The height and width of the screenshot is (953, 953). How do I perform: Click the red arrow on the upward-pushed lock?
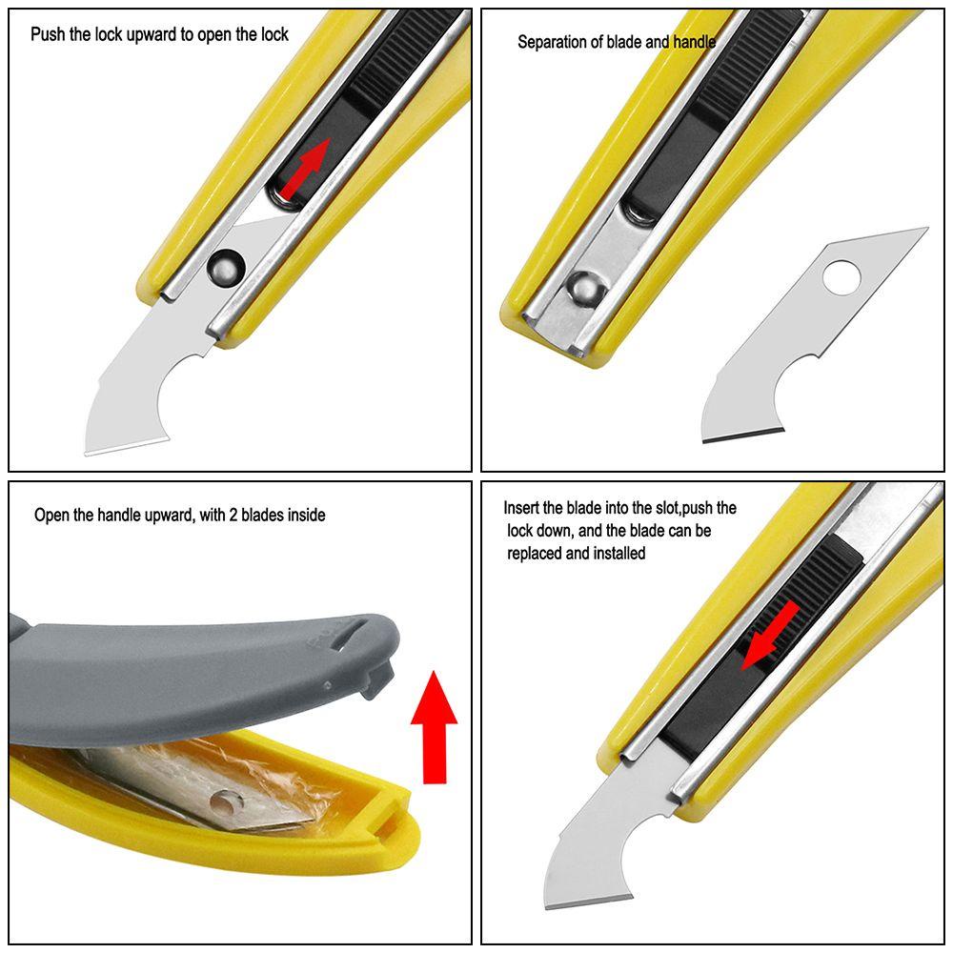tap(306, 167)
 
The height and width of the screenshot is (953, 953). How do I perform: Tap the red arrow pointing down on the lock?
tap(770, 635)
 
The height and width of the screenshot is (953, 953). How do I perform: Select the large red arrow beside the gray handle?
tap(435, 727)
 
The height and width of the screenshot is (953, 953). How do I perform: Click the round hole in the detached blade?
tap(841, 277)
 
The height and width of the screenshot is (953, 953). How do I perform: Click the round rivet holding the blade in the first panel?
tap(226, 267)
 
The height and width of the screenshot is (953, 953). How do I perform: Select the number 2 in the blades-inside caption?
tap(233, 515)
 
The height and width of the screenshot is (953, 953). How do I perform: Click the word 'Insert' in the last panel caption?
tap(522, 508)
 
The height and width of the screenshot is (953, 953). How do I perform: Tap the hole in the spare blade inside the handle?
tap(228, 802)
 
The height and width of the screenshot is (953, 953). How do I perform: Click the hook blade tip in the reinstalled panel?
tap(547, 907)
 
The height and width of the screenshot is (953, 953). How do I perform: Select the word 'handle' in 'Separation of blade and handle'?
tap(694, 42)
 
